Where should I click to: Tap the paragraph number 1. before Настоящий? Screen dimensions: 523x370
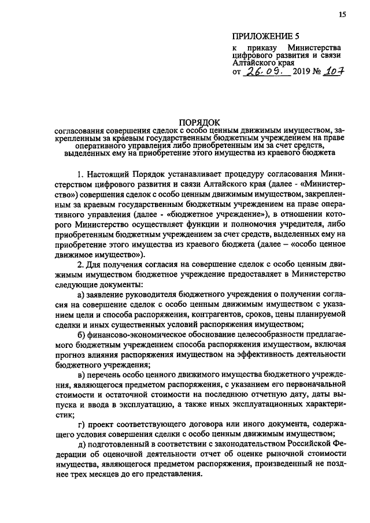coord(80,174)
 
